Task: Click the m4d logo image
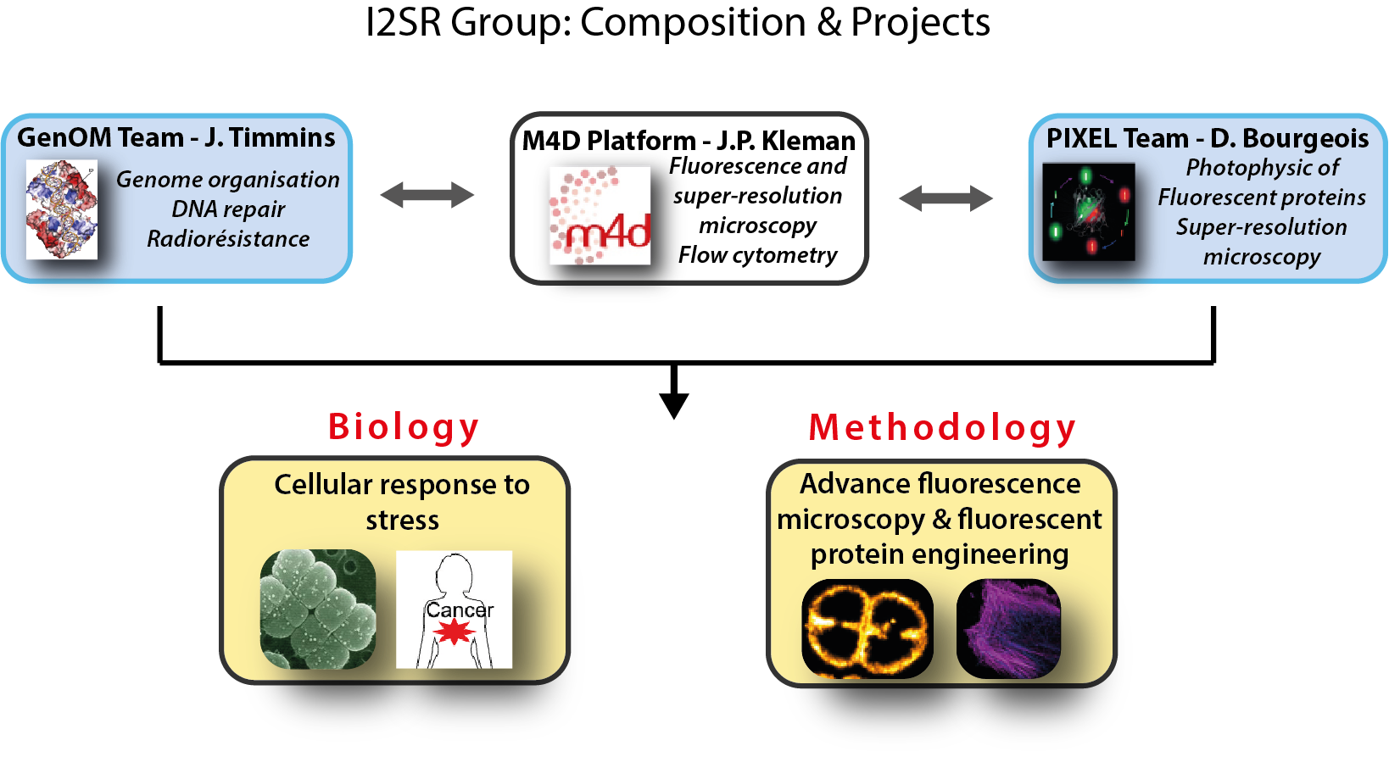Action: click(x=600, y=215)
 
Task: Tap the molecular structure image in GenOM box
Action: click(x=61, y=210)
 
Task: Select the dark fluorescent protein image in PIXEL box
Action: click(x=1088, y=212)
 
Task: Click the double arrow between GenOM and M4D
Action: click(x=427, y=195)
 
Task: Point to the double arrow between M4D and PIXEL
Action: click(x=945, y=198)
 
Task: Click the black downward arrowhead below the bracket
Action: click(x=673, y=404)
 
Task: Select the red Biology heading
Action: click(x=404, y=427)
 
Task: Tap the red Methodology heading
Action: click(x=942, y=428)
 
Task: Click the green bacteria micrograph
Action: click(x=318, y=609)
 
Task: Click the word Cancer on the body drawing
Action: click(x=459, y=610)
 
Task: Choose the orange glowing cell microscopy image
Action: click(x=867, y=628)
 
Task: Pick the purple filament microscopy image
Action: click(x=1008, y=628)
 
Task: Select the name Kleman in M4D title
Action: click(x=809, y=140)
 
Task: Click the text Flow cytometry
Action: click(x=757, y=254)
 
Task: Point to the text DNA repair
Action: click(x=228, y=209)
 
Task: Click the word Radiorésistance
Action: click(x=228, y=239)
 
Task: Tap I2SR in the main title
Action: click(x=403, y=22)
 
